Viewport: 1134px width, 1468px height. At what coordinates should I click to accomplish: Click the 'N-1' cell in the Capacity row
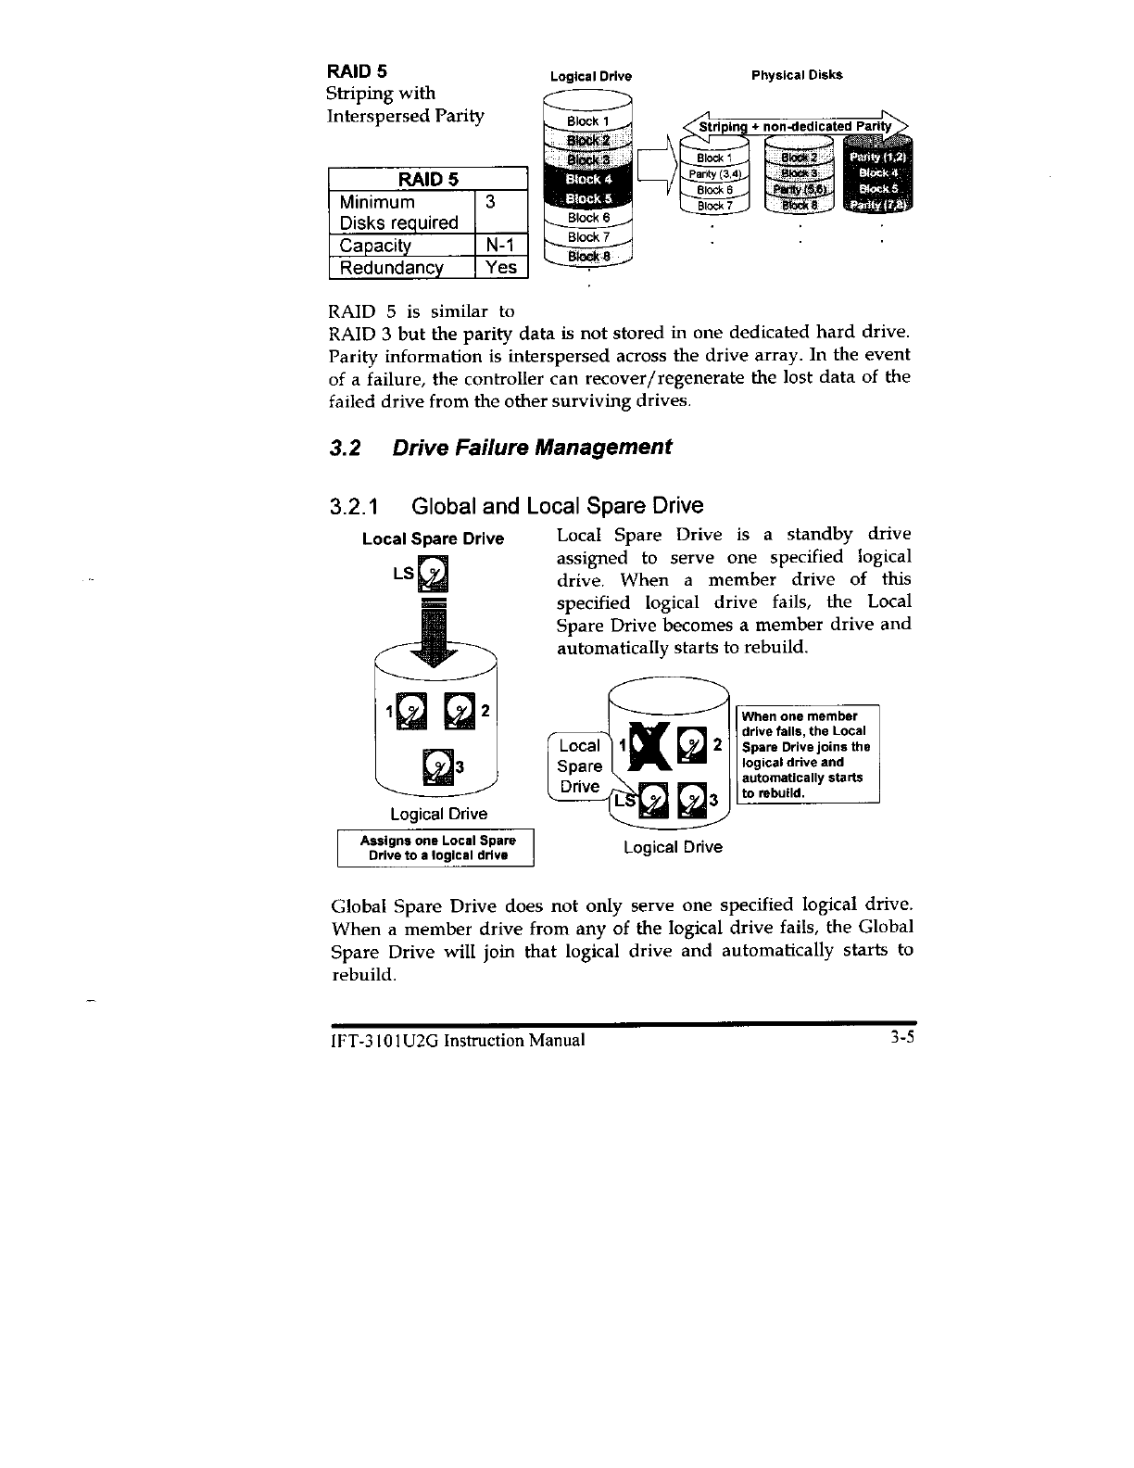click(x=500, y=245)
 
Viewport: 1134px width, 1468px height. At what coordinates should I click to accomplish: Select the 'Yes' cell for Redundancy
click(x=500, y=267)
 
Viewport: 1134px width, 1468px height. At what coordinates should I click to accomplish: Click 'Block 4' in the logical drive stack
click(x=588, y=179)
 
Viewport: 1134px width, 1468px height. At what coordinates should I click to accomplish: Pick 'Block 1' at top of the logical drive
click(x=588, y=121)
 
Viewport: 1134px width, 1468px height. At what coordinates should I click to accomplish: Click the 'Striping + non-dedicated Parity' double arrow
click(x=796, y=127)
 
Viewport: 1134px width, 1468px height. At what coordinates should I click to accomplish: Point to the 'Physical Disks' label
click(x=797, y=74)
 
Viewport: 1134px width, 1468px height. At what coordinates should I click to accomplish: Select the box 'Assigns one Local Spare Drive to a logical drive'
click(x=435, y=847)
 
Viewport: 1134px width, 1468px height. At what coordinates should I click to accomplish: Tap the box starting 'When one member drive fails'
click(x=807, y=754)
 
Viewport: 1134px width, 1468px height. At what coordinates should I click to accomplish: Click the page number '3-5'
click(x=898, y=1039)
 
